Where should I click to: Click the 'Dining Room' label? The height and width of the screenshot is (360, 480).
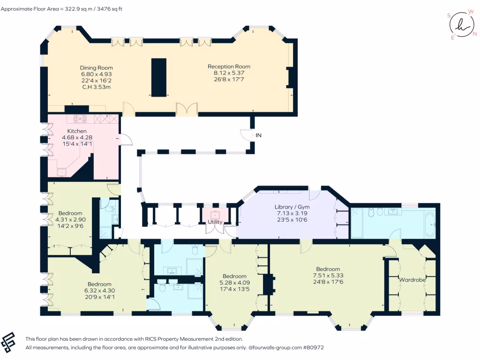(x=96, y=67)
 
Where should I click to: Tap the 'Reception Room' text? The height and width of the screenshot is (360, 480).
(x=229, y=67)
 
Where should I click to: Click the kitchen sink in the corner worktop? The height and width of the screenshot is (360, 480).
(x=62, y=172)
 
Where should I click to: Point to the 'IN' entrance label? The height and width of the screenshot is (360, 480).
(x=258, y=135)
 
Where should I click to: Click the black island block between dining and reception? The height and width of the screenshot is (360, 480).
(x=158, y=77)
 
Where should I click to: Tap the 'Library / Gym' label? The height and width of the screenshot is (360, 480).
(x=292, y=207)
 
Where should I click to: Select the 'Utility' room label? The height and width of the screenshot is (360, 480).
(x=215, y=222)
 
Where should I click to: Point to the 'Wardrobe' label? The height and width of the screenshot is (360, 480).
(x=412, y=280)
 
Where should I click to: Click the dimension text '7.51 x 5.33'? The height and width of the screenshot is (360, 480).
(x=331, y=276)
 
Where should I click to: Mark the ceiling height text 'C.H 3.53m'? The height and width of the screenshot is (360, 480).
(x=96, y=87)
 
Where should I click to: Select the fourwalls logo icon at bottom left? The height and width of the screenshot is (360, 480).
(x=10, y=342)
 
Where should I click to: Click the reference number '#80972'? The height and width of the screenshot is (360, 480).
(x=314, y=348)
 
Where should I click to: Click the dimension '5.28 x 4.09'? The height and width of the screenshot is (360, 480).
(x=234, y=283)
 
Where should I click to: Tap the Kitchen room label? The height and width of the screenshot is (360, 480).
(x=77, y=131)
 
